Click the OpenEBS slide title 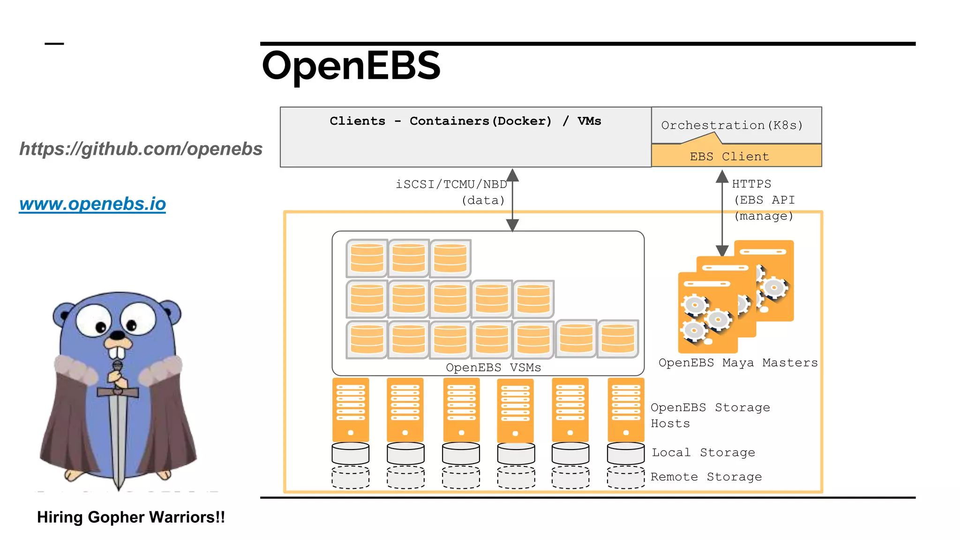click(351, 66)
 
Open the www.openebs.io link click(92, 204)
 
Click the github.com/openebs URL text click(141, 149)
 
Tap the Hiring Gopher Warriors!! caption click(131, 517)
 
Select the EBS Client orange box click(736, 156)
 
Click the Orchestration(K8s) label click(732, 125)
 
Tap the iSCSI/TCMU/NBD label click(451, 184)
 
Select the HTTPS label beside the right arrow click(751, 184)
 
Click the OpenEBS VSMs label click(493, 367)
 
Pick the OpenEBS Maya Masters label click(738, 362)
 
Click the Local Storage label click(703, 452)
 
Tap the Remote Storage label click(706, 477)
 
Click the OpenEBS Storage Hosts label click(710, 415)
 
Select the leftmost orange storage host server click(351, 409)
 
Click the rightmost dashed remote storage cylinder click(626, 477)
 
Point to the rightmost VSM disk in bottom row click(618, 338)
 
